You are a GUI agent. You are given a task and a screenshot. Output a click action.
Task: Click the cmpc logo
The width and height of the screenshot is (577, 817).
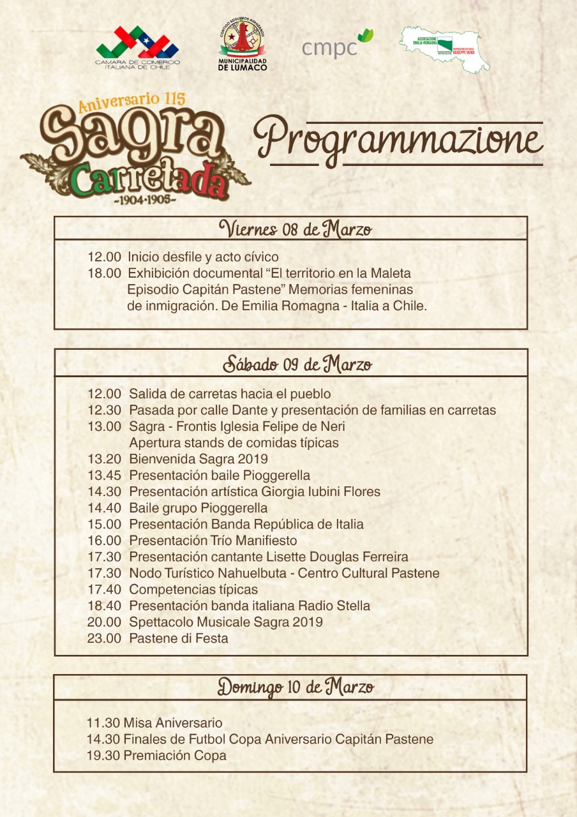pyautogui.click(x=336, y=45)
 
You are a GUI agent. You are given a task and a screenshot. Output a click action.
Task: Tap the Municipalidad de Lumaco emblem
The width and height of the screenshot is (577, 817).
pyautogui.click(x=243, y=45)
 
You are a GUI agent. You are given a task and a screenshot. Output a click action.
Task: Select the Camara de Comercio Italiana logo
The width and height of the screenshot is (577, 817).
pyautogui.click(x=138, y=47)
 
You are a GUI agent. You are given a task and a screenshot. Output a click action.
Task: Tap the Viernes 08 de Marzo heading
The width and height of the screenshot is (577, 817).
pyautogui.click(x=296, y=229)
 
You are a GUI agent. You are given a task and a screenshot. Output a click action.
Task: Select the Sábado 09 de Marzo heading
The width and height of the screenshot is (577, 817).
pyautogui.click(x=297, y=364)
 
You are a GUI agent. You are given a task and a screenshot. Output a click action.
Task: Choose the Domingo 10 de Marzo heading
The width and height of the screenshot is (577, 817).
pyautogui.click(x=296, y=687)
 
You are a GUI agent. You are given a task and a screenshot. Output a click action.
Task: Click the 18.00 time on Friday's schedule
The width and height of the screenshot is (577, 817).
pyautogui.click(x=104, y=273)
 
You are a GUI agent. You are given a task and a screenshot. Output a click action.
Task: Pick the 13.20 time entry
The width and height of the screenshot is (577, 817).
pyautogui.click(x=104, y=459)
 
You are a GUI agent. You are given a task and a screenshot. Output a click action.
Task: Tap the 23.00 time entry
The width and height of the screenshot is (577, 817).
pyautogui.click(x=104, y=638)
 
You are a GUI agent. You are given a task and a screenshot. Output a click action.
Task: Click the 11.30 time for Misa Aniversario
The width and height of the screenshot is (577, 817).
pyautogui.click(x=103, y=723)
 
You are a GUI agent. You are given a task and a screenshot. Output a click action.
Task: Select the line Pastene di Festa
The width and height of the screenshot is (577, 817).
pyautogui.click(x=179, y=638)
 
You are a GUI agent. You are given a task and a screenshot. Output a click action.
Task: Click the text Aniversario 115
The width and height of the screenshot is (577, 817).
pyautogui.click(x=131, y=102)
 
